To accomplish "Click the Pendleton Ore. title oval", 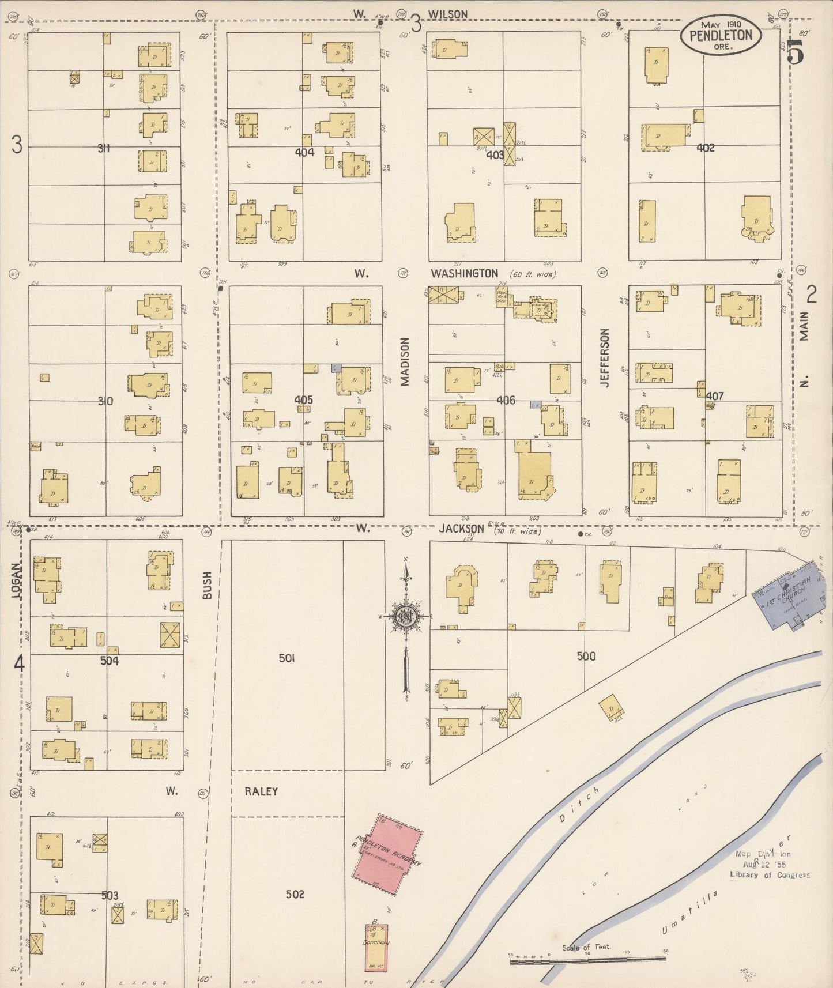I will [x=721, y=36].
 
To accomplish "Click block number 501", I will [x=287, y=658].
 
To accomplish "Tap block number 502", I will [x=295, y=895].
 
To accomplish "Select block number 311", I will [x=104, y=148].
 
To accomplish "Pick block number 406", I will [x=506, y=400].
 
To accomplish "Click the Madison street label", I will [x=405, y=361].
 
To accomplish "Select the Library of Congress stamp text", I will [x=770, y=874].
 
